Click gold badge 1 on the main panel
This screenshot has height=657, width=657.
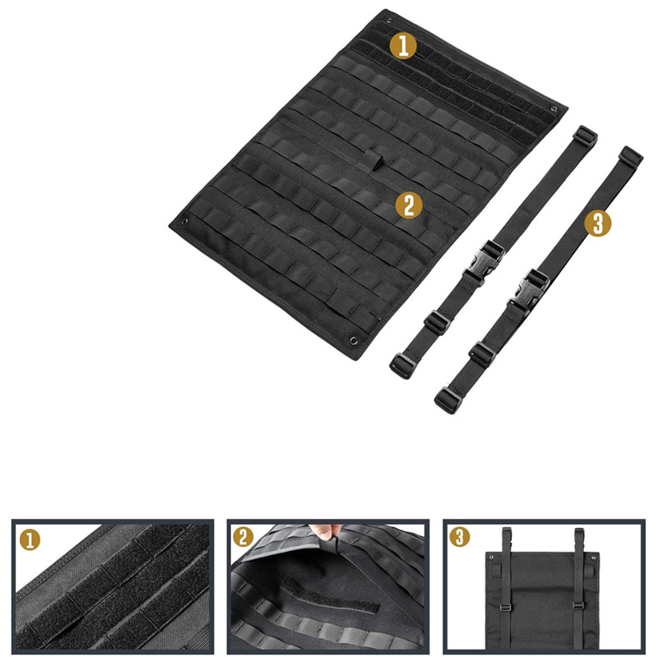coord(402,46)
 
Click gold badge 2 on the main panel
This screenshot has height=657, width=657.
coord(409,205)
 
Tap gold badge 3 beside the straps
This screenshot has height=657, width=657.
coord(598,223)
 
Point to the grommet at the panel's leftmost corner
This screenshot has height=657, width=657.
coord(186,221)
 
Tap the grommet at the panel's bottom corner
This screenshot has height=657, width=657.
coord(354,338)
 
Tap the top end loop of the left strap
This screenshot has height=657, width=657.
coord(585,135)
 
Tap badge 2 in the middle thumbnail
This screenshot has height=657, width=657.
coord(243,538)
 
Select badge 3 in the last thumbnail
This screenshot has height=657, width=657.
coord(460,538)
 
